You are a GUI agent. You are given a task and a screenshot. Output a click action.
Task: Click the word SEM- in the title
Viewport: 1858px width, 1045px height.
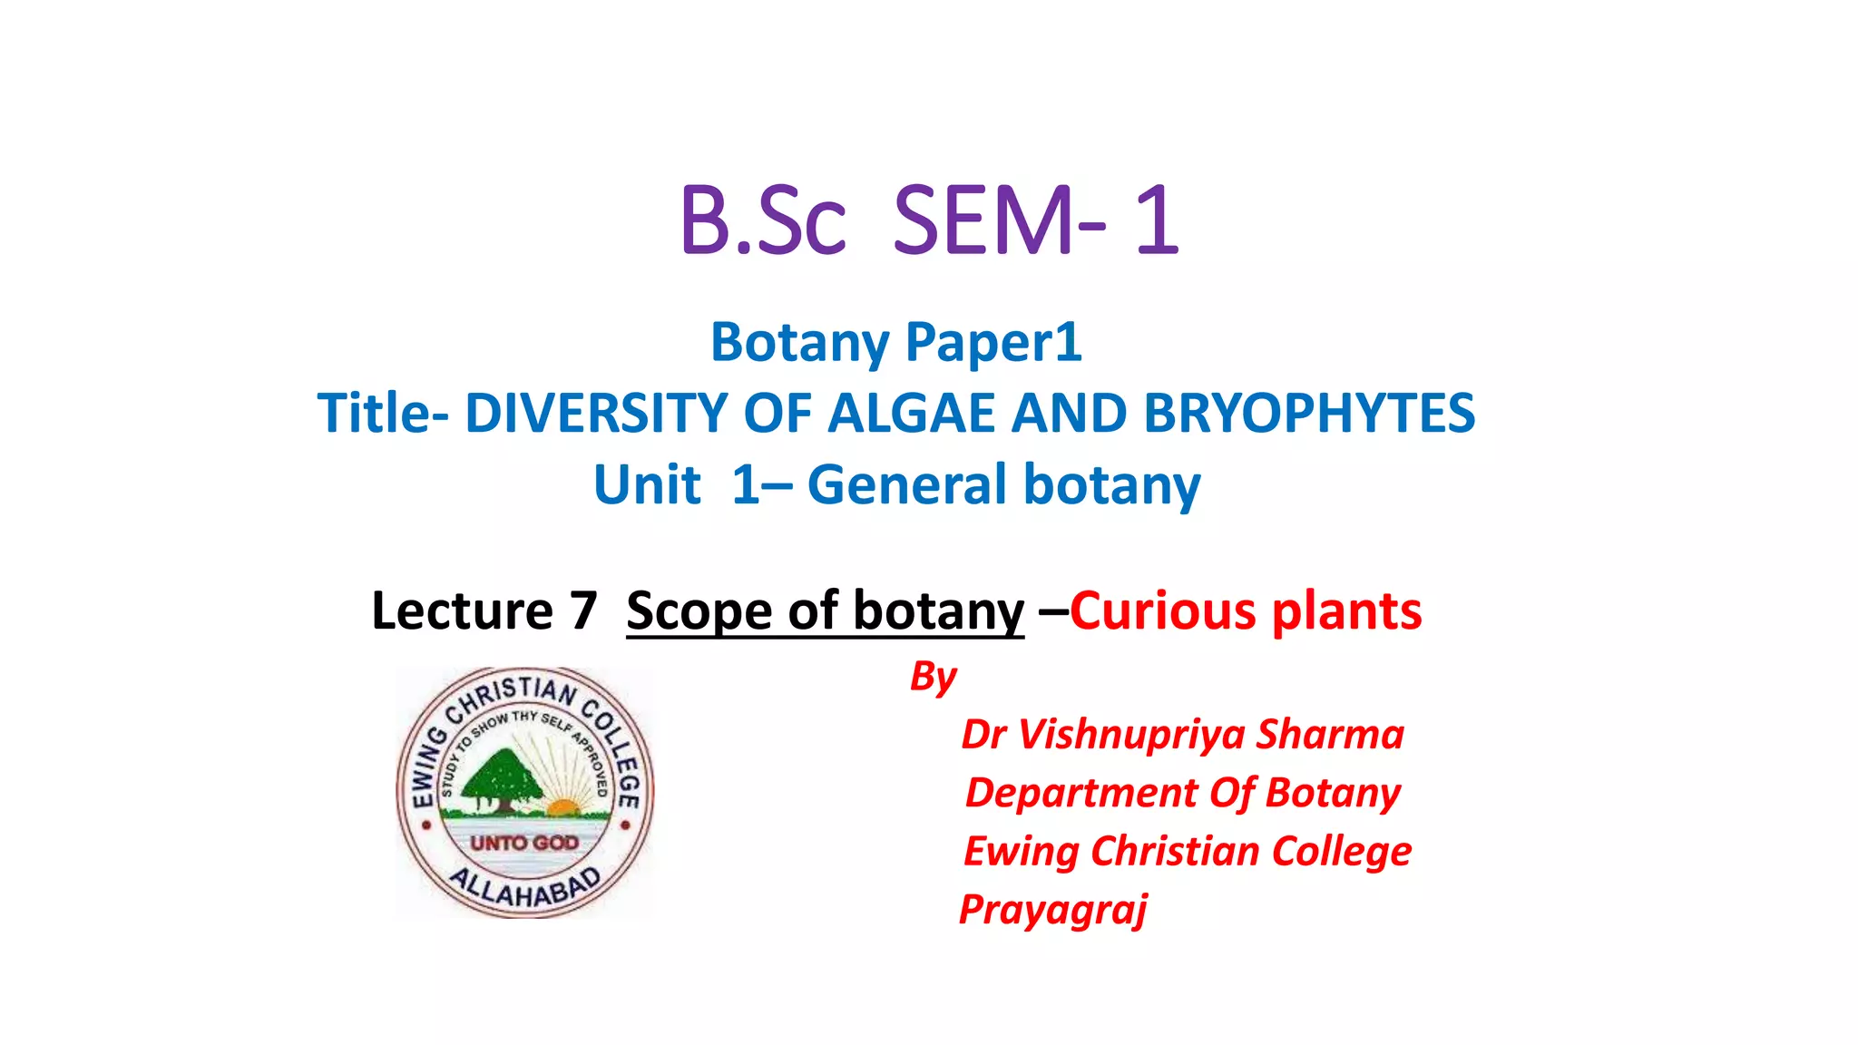[999, 220]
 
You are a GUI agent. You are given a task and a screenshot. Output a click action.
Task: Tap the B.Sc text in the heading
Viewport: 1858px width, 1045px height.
[762, 220]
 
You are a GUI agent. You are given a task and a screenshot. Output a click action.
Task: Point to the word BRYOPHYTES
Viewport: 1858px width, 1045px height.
[1309, 414]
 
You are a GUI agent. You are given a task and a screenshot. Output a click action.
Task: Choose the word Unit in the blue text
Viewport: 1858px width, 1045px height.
[647, 484]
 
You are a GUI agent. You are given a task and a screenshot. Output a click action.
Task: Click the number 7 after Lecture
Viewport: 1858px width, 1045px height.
[583, 610]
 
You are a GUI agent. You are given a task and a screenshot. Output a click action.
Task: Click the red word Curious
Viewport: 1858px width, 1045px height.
[1163, 610]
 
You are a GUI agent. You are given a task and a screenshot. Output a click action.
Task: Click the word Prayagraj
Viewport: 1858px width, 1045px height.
[1053, 909]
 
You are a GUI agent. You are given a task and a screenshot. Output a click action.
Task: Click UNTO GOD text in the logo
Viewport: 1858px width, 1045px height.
[524, 843]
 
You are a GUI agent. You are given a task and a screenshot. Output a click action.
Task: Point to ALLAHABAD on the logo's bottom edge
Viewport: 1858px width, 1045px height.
[526, 888]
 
